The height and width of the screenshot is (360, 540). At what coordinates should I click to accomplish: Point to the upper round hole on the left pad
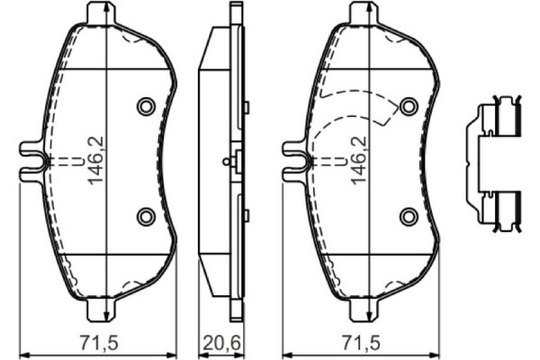pyautogui.click(x=144, y=107)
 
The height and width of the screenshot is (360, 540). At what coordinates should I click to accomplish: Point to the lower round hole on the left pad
pyautogui.click(x=144, y=215)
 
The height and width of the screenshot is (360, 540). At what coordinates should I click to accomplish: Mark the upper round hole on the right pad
pyautogui.click(x=408, y=107)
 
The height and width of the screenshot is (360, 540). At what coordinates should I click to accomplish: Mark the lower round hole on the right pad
pyautogui.click(x=408, y=215)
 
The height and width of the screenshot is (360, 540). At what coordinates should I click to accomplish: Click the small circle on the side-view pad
pyautogui.click(x=226, y=162)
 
